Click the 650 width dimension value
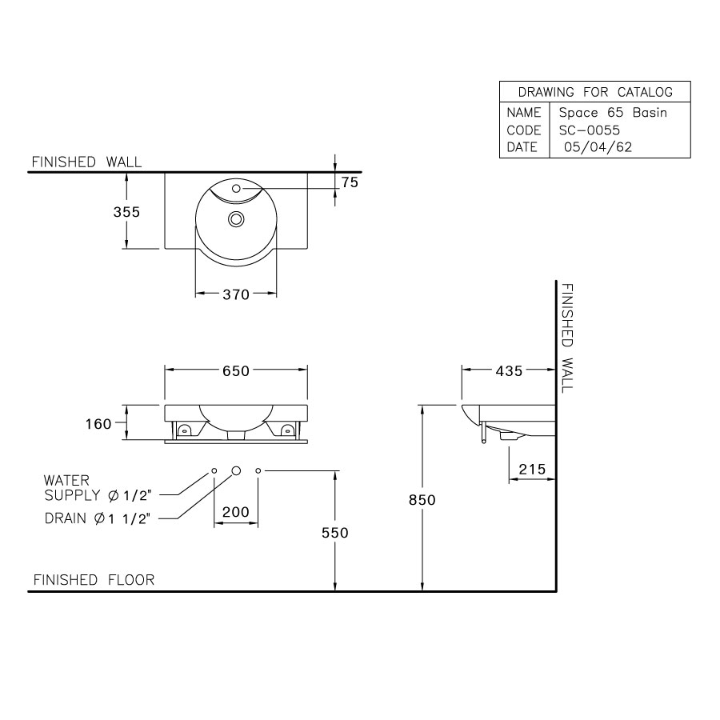[x=236, y=370]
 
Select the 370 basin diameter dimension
[x=236, y=294]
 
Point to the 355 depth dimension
[x=126, y=212]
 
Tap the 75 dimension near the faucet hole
[x=349, y=182]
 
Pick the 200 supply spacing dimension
[x=236, y=512]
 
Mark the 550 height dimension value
[x=335, y=533]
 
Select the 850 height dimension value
[x=422, y=500]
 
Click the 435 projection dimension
[x=509, y=370]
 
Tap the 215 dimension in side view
[x=532, y=470]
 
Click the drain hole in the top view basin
[x=236, y=218]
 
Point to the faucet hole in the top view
[x=236, y=190]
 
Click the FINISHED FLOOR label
[x=94, y=580]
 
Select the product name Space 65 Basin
[x=613, y=113]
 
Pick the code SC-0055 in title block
[x=590, y=130]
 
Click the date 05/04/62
[x=598, y=147]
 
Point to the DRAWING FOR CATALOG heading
[x=595, y=92]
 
